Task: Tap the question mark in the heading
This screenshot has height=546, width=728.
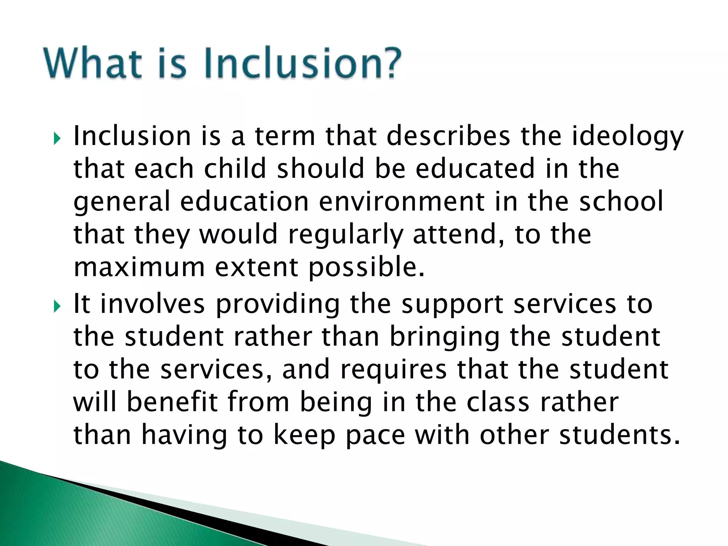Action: (389, 63)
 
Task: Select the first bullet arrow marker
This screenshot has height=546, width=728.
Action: (57, 139)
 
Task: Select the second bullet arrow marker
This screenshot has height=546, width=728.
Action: (57, 306)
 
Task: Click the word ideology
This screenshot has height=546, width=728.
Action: (627, 137)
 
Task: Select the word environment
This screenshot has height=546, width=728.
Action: (401, 201)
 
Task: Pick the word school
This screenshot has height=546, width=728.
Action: (621, 201)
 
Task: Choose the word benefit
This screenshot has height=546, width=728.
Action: (172, 402)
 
